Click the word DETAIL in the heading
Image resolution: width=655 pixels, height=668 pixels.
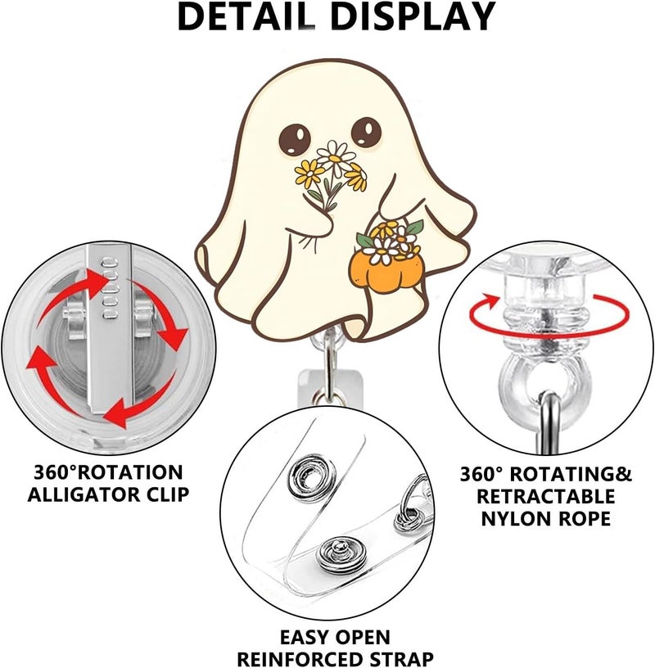246,17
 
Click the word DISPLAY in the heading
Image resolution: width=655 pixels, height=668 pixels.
413,17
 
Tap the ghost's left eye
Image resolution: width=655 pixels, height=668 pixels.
295,140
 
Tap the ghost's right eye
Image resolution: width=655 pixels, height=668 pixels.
367,132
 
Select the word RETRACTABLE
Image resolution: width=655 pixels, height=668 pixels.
545,496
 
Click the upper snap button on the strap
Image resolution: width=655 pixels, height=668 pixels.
311,476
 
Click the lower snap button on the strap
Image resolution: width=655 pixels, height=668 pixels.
340,554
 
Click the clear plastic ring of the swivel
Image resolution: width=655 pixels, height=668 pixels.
546,382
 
